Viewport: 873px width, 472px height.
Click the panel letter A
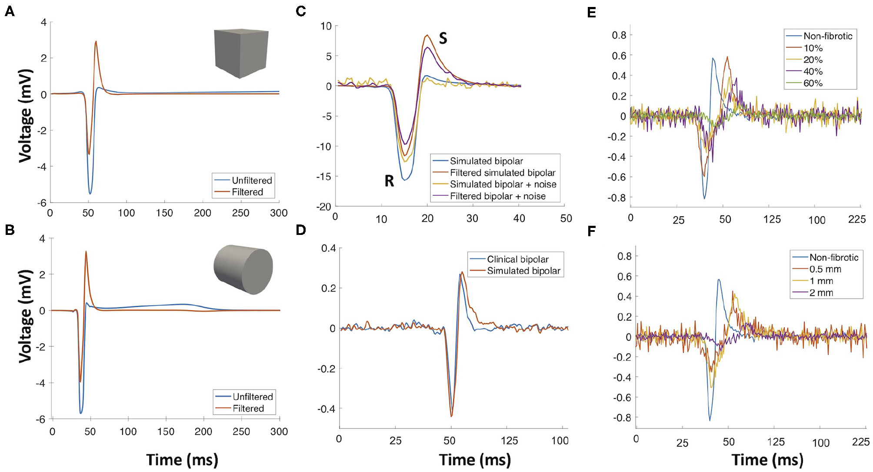pyautogui.click(x=10, y=11)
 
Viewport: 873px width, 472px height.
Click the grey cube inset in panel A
pyautogui.click(x=241, y=53)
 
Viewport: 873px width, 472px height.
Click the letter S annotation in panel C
pyautogui.click(x=443, y=38)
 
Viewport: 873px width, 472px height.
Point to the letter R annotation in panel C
pyautogui.click(x=389, y=181)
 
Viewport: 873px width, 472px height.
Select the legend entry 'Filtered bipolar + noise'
pyautogui.click(x=497, y=196)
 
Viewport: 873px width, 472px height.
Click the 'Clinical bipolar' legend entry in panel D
pyautogui.click(x=517, y=259)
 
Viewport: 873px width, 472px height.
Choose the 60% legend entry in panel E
pyautogui.click(x=813, y=83)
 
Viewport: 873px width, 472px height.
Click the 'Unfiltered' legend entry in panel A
pyautogui.click(x=251, y=180)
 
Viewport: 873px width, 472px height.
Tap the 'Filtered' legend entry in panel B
pyautogui.click(x=248, y=408)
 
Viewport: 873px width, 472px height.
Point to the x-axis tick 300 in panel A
pyautogui.click(x=279, y=213)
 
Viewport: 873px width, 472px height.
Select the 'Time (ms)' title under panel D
pyautogui.click(x=475, y=460)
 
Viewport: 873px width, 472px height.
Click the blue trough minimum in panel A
pyautogui.click(x=90, y=194)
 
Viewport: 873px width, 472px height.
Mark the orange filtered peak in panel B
pyautogui.click(x=86, y=251)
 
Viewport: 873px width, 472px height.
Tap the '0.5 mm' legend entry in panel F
pyautogui.click(x=825, y=269)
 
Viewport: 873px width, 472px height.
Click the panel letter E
pyautogui.click(x=591, y=12)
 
